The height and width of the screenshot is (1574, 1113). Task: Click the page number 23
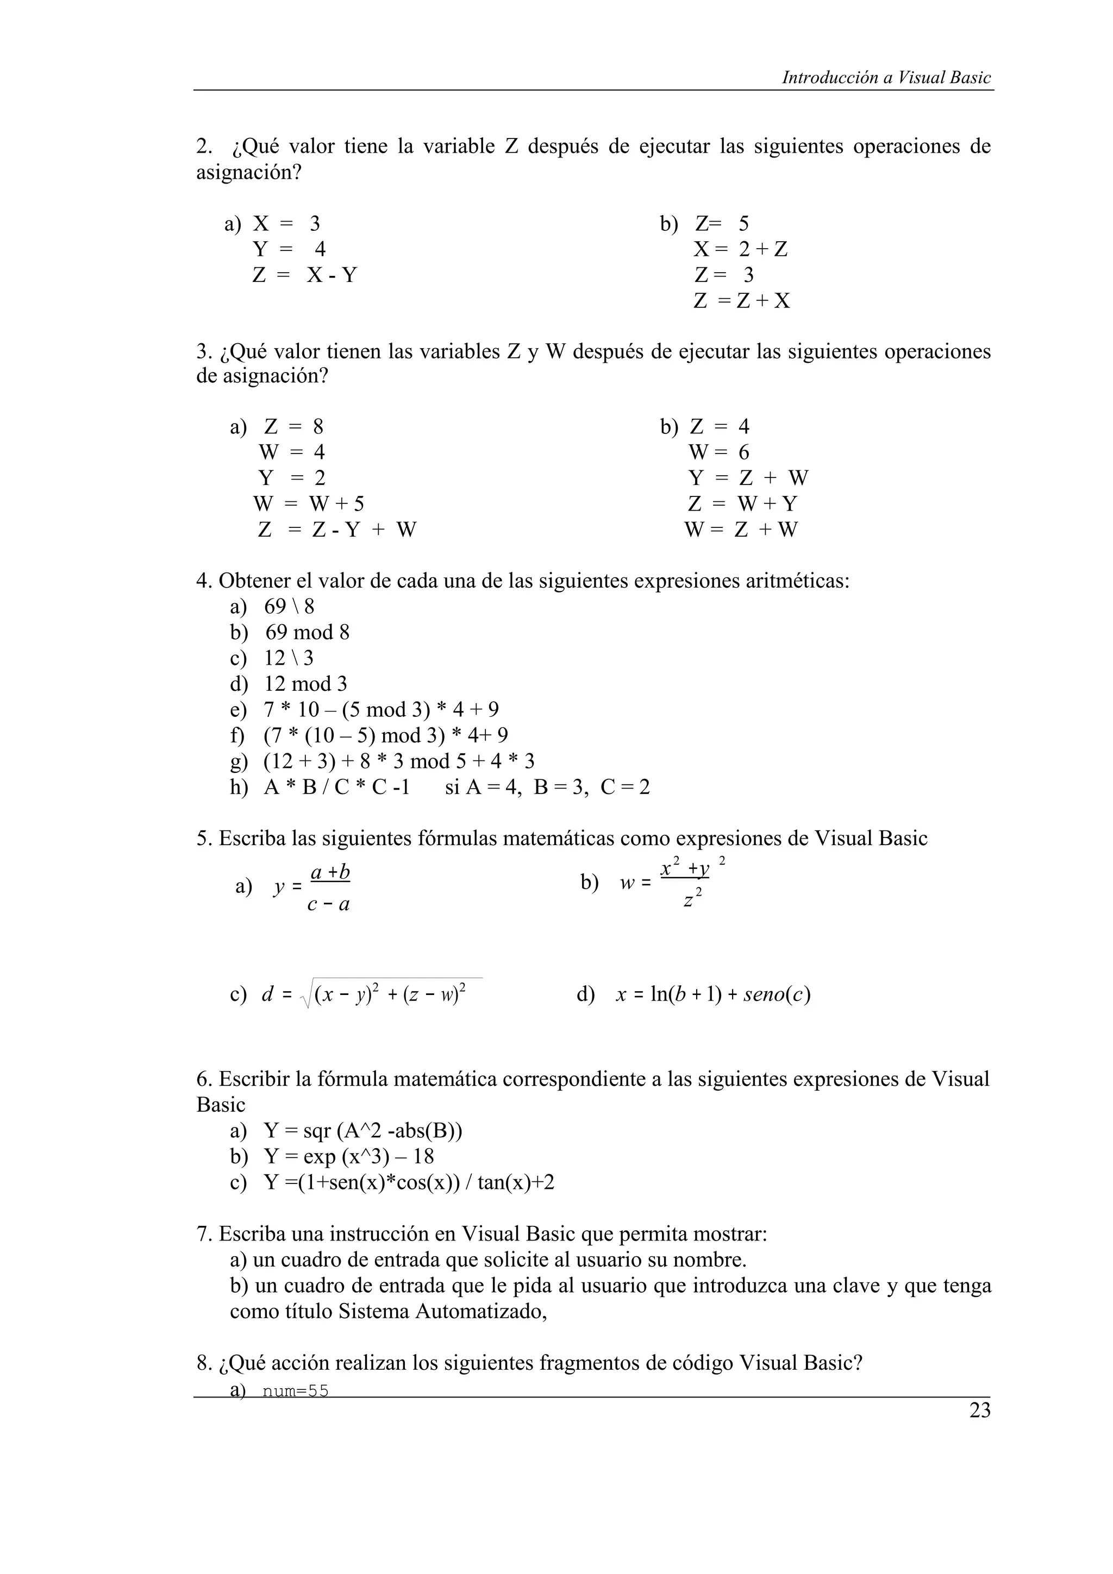(979, 1411)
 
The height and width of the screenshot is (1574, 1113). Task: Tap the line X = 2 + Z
(741, 249)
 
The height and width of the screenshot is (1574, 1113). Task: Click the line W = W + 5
(308, 504)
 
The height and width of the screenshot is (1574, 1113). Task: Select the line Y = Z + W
(748, 478)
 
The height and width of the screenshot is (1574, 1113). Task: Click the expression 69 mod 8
(307, 632)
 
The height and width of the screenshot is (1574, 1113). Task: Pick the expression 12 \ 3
(289, 658)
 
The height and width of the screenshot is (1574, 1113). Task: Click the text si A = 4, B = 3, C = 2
(547, 787)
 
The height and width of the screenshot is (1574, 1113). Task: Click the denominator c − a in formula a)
(328, 905)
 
